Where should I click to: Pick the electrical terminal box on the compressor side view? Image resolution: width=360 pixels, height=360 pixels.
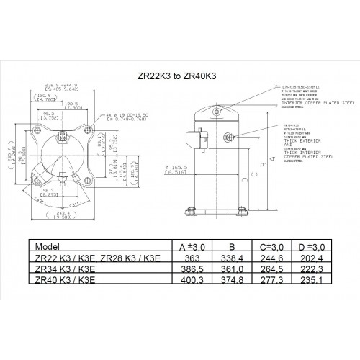pos(193,139)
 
